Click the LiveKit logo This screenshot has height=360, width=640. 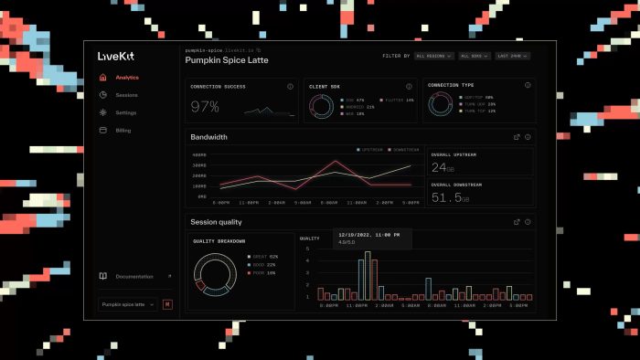pyautogui.click(x=116, y=56)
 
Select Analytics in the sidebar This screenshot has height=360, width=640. pyautogui.click(x=126, y=78)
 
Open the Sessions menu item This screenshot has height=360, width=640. pyautogui.click(x=126, y=95)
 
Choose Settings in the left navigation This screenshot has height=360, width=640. pyautogui.click(x=126, y=112)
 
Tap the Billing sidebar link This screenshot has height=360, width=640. pyautogui.click(x=123, y=131)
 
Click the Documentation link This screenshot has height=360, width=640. pyautogui.click(x=133, y=276)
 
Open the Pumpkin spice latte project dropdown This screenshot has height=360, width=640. pyautogui.click(x=126, y=303)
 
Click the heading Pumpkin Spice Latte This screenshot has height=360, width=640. pyautogui.click(x=228, y=60)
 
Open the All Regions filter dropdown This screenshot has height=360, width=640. pyautogui.click(x=433, y=56)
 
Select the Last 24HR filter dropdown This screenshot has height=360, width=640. pyautogui.click(x=515, y=56)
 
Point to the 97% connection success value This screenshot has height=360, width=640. pyautogui.click(x=205, y=107)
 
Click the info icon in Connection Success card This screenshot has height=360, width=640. pyautogui.click(x=290, y=87)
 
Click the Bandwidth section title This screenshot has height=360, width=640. pyautogui.click(x=208, y=137)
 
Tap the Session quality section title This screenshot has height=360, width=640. pyautogui.click(x=216, y=222)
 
